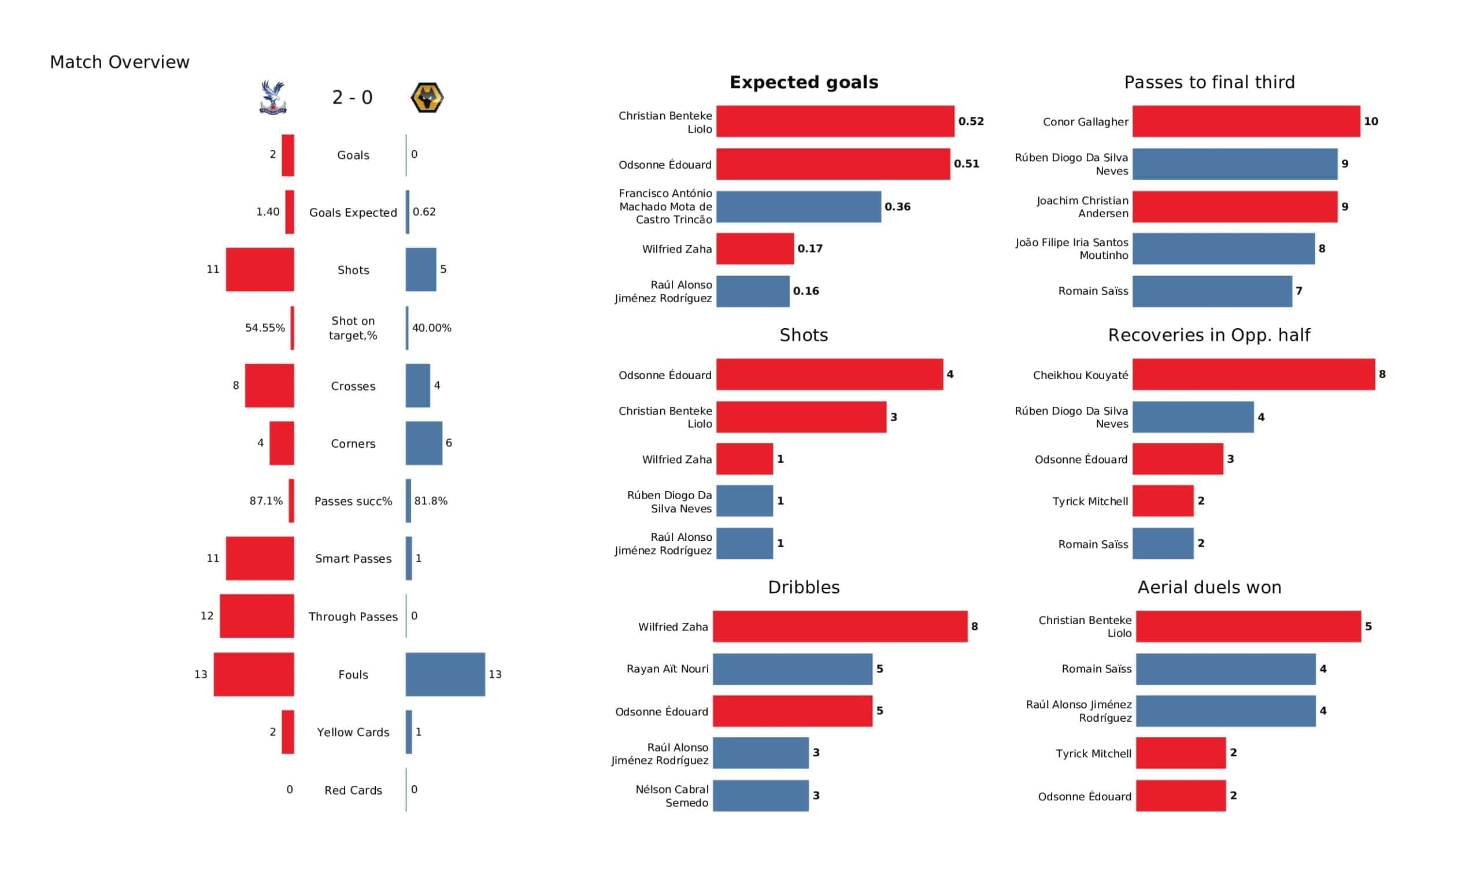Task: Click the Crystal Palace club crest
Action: (272, 98)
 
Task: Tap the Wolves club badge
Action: (427, 98)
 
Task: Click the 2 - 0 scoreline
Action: (353, 98)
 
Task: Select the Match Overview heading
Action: (120, 62)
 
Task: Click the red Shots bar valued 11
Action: (260, 269)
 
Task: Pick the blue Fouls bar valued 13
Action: (445, 674)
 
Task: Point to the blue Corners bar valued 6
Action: (423, 443)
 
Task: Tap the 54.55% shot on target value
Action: (265, 328)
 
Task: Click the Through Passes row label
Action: (353, 617)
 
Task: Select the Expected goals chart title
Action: (804, 82)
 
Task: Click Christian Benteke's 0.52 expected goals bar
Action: (835, 121)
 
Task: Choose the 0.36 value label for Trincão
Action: (897, 207)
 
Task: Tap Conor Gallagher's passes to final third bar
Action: (1246, 121)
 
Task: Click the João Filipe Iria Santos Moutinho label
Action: (1072, 249)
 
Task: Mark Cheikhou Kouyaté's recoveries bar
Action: (1253, 374)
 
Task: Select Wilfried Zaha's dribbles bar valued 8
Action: (840, 626)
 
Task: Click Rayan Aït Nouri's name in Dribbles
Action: (667, 669)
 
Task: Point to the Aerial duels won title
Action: (1209, 587)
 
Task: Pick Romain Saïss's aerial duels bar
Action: (1225, 669)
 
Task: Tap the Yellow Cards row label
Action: (353, 732)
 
